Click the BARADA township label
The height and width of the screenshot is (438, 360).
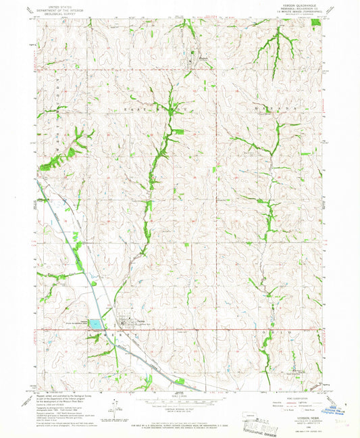(x=285, y=107)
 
